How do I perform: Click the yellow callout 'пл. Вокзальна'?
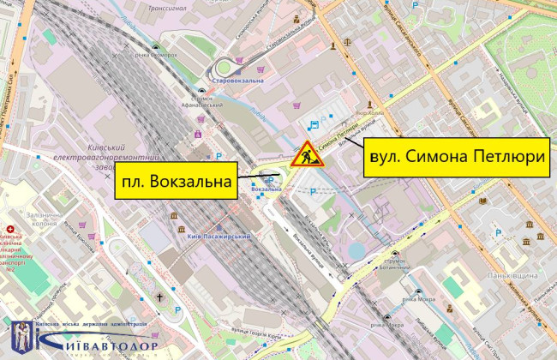(177, 182)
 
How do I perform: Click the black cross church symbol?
(159, 297)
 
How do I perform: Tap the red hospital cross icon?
(9, 231)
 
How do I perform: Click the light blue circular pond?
(356, 251)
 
